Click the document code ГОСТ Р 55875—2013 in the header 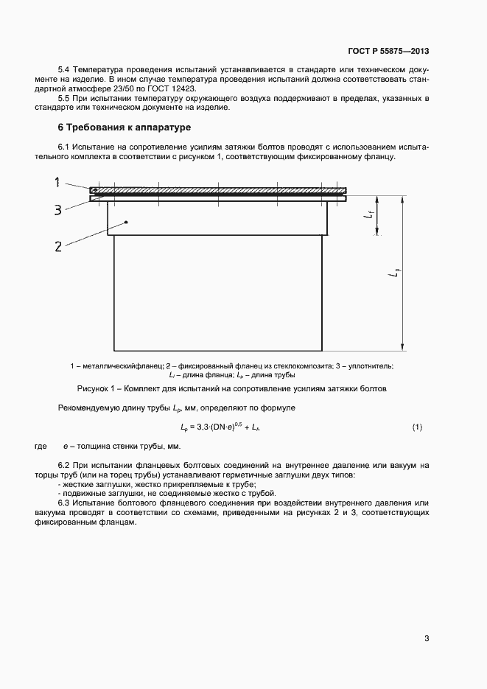click(x=388, y=52)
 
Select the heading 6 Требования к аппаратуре click(x=124, y=128)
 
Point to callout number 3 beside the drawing click(x=58, y=210)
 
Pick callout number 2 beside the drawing click(x=58, y=246)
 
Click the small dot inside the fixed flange click(x=127, y=222)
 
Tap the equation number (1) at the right click(x=417, y=427)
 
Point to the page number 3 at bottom click(x=427, y=638)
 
